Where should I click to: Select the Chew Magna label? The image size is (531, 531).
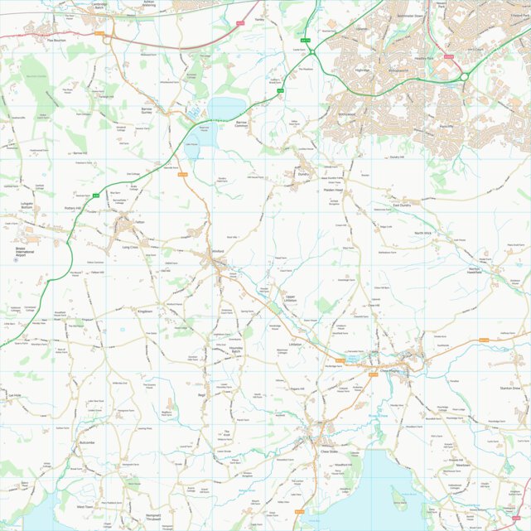pyautogui.click(x=389, y=370)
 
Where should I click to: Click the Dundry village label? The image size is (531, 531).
pyautogui.click(x=302, y=175)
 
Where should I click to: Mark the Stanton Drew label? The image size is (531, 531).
pyautogui.click(x=509, y=388)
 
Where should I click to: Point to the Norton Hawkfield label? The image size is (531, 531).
pyautogui.click(x=474, y=272)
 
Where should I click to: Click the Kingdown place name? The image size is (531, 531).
pyautogui.click(x=146, y=311)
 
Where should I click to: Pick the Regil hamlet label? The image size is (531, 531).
pyautogui.click(x=200, y=395)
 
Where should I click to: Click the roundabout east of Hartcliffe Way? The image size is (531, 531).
pyautogui.click(x=465, y=76)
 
